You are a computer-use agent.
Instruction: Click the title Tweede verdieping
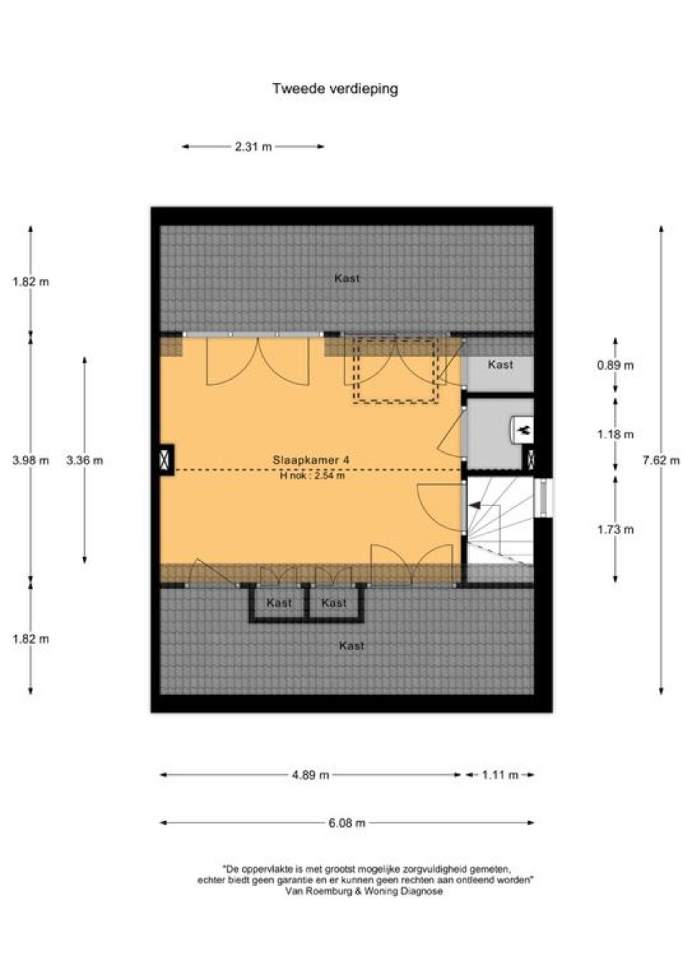coord(335,89)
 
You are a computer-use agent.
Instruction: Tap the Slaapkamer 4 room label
coord(311,460)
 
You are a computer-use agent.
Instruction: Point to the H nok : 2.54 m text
coord(312,475)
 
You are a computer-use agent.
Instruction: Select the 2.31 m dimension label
coord(253,147)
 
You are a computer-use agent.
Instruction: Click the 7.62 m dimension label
coord(661,460)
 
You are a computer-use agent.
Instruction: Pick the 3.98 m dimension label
coord(30,460)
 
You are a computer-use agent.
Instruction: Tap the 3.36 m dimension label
coord(85,460)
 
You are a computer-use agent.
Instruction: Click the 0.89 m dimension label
coord(615,365)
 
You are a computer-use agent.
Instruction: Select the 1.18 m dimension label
coord(615,435)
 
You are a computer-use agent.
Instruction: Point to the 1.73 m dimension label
coord(615,530)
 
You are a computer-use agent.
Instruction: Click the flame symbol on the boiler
coord(524,430)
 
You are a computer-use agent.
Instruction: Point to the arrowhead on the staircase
coord(474,505)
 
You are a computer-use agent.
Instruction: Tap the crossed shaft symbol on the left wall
coord(165,459)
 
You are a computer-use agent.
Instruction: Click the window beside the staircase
coord(543,498)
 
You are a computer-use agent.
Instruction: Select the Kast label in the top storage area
coord(347,278)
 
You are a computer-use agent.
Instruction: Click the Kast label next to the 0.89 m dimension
coord(500,365)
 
